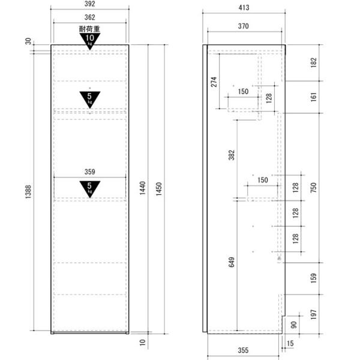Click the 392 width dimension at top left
[89, 4]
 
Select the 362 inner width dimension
[89, 17]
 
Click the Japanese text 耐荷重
[89, 29]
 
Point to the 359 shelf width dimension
[89, 172]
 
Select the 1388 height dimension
[28, 192]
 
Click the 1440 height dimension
[143, 188]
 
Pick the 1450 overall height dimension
[159, 189]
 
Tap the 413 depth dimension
[244, 8]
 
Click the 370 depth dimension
[244, 26]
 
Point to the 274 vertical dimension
[214, 82]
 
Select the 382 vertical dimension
[232, 155]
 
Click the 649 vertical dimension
[232, 262]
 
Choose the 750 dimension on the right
[313, 188]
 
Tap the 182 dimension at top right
[313, 62]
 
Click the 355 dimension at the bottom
[243, 350]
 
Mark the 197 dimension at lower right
[313, 314]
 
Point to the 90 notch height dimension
[293, 325]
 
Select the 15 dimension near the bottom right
[290, 343]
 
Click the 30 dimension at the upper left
[28, 41]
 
